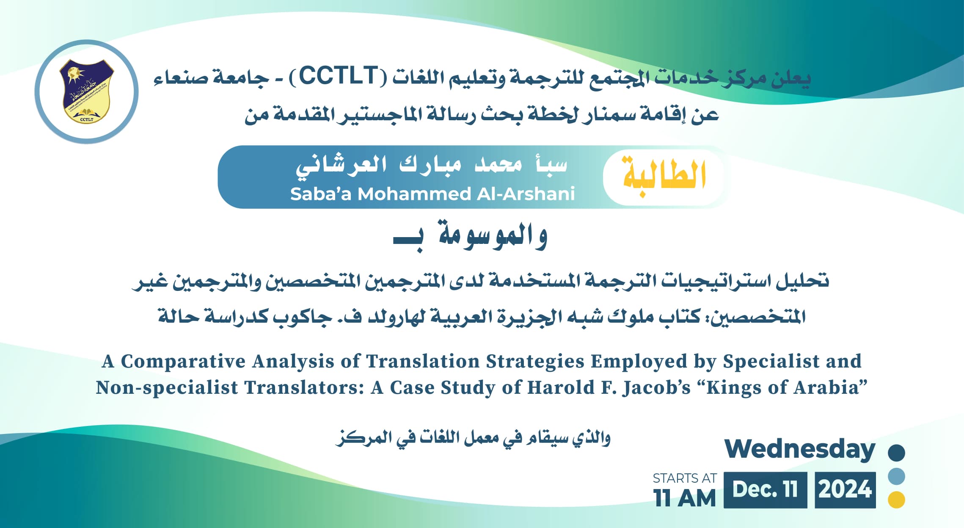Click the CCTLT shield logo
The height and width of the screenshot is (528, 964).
coord(87,91)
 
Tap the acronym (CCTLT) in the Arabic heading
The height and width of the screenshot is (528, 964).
coord(338,76)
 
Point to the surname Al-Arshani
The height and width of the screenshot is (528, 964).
coord(526,194)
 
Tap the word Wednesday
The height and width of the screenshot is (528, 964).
coord(800,449)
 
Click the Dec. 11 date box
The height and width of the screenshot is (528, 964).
coord(765,490)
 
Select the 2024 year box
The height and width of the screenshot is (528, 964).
coord(845,490)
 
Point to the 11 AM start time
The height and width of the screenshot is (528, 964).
coord(684,498)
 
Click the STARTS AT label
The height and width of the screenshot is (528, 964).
coord(685,478)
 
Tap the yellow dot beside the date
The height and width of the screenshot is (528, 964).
coord(896,500)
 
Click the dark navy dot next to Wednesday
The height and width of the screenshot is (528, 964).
coord(896,452)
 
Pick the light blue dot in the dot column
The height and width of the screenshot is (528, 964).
coord(896,476)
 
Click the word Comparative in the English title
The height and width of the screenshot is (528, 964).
coord(183,362)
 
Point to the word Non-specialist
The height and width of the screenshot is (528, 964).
coord(167,388)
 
